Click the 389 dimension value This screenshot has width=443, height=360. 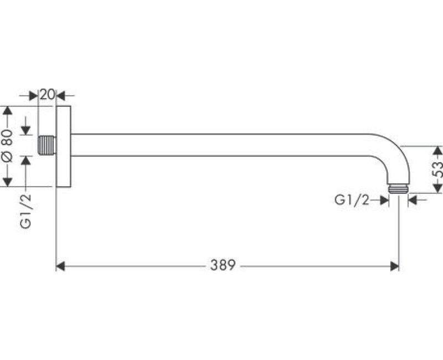tap(223, 265)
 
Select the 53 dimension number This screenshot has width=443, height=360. tap(437, 169)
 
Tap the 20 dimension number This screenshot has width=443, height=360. tap(47, 94)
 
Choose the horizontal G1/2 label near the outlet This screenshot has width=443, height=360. tap(352, 200)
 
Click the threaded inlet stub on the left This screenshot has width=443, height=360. tap(48, 145)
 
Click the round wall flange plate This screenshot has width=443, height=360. tap(64, 146)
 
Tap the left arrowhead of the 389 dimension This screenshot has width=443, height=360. tap(61, 266)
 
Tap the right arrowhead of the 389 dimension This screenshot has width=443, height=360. tap(394, 266)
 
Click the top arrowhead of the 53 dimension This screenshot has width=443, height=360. tap(437, 150)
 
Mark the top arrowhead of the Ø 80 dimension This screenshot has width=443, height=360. tap(7, 110)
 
